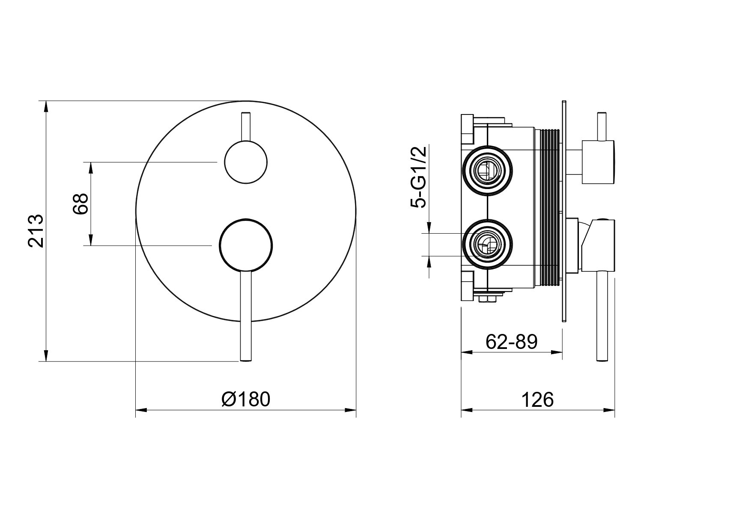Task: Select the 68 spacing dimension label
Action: pos(80,204)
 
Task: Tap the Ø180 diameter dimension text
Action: pos(246,400)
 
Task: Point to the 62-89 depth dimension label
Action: pos(512,342)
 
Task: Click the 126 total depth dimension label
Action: pos(537,400)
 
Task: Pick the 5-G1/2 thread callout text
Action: pos(419,177)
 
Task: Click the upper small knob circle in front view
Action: pos(246,162)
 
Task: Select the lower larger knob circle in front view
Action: pos(246,245)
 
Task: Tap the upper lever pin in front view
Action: pos(246,127)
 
